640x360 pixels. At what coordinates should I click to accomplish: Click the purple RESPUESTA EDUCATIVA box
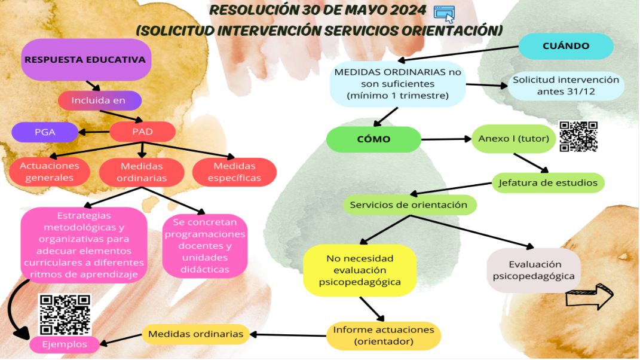85,60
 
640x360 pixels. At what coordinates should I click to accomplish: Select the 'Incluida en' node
99,100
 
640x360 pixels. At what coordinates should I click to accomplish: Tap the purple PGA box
45,132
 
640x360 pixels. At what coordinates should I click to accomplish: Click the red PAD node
142,132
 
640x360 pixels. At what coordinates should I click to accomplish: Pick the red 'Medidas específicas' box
234,172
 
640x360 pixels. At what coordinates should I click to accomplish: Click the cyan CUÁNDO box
565,46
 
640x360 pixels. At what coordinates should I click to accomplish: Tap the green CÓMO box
373,139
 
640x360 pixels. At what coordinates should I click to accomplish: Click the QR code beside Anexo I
578,136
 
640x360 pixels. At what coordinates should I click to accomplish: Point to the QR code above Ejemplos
65,315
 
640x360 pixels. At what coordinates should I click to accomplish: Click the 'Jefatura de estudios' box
548,182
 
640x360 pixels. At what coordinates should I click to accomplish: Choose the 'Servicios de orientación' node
409,205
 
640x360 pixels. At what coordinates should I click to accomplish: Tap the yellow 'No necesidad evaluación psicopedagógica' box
360,270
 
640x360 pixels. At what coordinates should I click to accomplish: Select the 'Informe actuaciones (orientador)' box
384,336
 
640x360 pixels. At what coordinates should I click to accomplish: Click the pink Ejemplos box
64,344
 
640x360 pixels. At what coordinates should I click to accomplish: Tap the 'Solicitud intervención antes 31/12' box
566,86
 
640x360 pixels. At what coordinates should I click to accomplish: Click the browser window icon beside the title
444,14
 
